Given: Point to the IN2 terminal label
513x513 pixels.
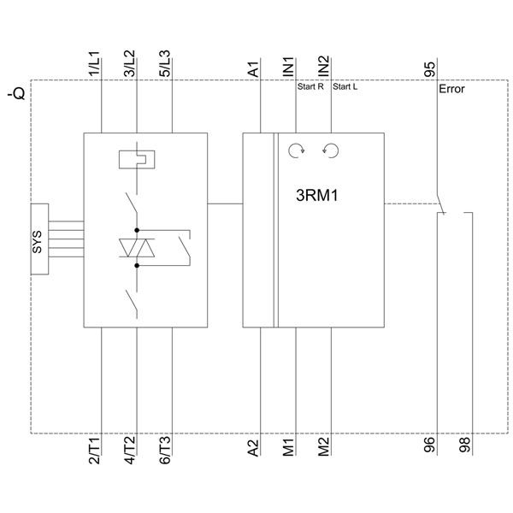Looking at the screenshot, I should [x=324, y=68].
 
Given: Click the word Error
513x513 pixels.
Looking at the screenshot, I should [x=451, y=89].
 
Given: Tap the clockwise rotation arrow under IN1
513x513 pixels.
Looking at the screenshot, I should [x=296, y=151].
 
